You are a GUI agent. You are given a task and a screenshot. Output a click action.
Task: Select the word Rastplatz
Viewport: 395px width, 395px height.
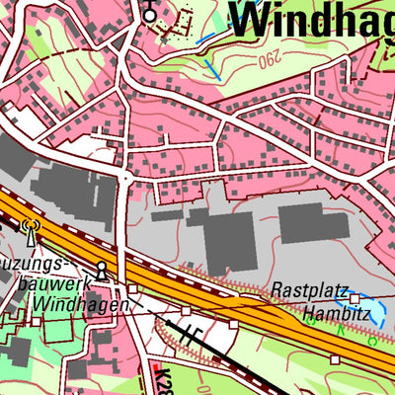point(310,292)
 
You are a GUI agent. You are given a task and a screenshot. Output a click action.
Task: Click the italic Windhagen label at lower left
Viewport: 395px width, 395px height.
point(79,305)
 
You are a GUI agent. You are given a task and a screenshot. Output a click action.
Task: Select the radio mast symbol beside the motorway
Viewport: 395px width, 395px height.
point(30,231)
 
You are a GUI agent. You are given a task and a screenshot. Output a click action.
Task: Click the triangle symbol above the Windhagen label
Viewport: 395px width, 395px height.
point(101,270)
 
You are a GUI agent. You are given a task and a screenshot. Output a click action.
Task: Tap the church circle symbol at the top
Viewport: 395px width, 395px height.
point(149,14)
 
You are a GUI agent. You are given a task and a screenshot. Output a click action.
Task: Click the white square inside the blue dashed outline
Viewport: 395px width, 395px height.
point(355,298)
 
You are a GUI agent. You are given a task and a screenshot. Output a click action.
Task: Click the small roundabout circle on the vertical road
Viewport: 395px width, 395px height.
point(125,176)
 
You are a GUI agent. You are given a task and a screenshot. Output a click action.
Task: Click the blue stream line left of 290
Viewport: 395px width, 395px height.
point(208,64)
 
